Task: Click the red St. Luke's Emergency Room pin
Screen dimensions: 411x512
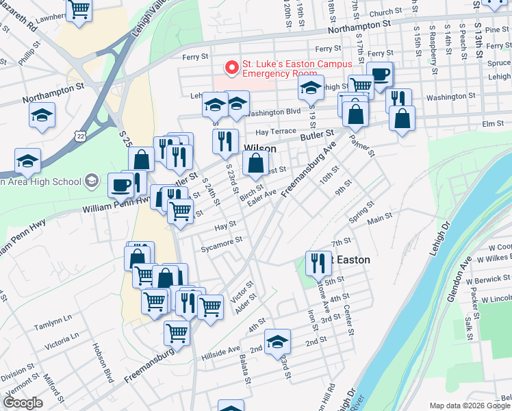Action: [x=232, y=68]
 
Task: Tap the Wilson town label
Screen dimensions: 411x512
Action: [x=260, y=149]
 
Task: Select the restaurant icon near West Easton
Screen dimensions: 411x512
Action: [x=317, y=262]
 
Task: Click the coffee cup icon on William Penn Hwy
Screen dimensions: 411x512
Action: [x=120, y=184]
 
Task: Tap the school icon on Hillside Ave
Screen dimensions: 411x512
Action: [x=277, y=342]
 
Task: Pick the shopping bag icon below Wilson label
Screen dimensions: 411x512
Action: [x=255, y=163]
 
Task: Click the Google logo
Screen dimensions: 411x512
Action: [x=23, y=403]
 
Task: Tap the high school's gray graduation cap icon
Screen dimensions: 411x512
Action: [x=90, y=182]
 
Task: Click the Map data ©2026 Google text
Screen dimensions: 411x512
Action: [x=470, y=406]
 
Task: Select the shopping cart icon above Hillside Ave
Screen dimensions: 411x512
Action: [x=177, y=333]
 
